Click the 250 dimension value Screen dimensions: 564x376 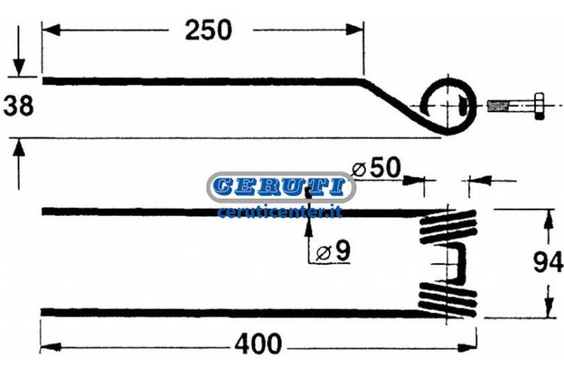pyautogui.click(x=208, y=30)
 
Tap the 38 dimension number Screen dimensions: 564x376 pyautogui.click(x=18, y=106)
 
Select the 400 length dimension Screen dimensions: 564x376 pyautogui.click(x=258, y=344)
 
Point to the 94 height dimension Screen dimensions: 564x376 pyautogui.click(x=547, y=262)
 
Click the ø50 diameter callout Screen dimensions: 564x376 pyautogui.click(x=376, y=167)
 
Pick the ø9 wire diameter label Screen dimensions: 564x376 pyautogui.click(x=333, y=251)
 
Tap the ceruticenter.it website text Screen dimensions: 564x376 pyautogui.click(x=280, y=213)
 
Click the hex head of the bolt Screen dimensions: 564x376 pyautogui.click(x=539, y=106)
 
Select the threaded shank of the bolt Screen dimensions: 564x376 pyautogui.click(x=510, y=106)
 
